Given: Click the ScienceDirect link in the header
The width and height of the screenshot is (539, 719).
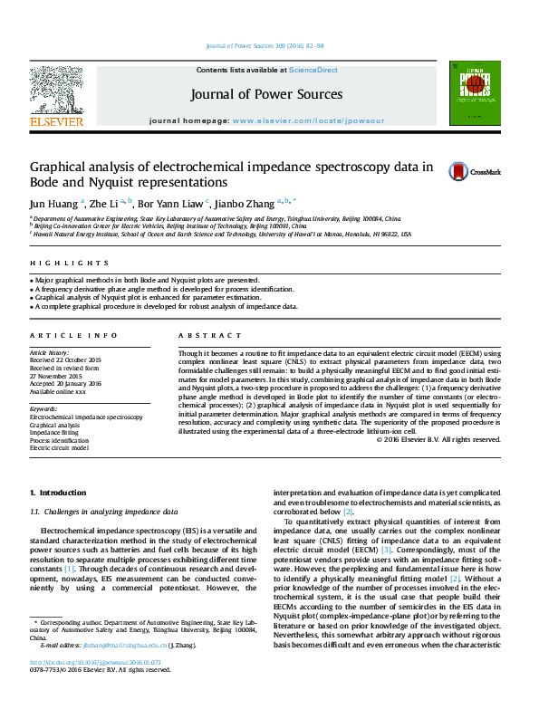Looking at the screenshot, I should tap(313, 70).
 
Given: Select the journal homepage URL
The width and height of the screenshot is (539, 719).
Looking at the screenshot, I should tap(308, 120).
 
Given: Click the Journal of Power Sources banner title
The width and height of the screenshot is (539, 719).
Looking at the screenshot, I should tap(266, 94).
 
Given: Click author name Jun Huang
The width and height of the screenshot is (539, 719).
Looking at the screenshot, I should tap(55, 204).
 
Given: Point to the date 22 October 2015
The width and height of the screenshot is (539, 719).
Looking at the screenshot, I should tap(77, 360).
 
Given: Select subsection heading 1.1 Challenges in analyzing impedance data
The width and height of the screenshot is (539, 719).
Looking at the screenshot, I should tap(103, 512).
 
